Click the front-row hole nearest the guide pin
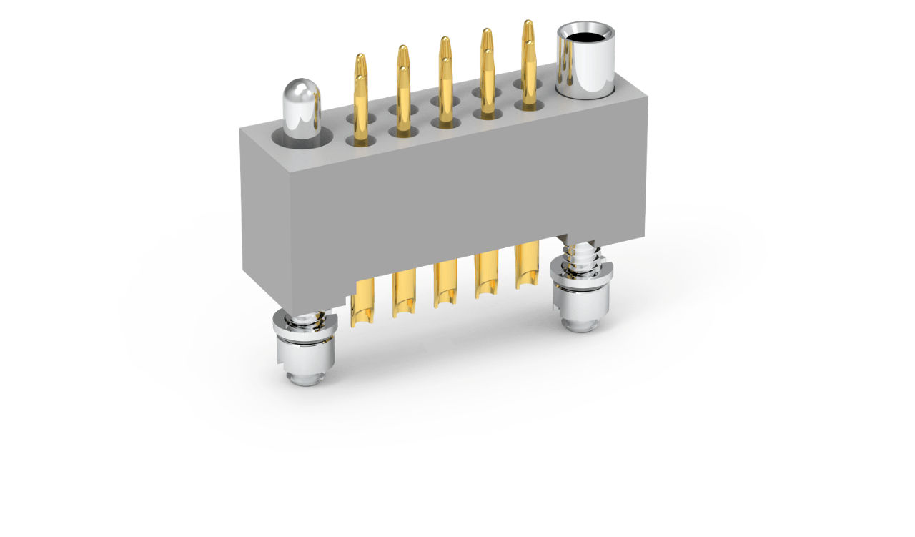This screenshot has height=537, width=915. tap(360, 142)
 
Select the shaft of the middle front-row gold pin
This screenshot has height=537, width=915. tap(445, 93)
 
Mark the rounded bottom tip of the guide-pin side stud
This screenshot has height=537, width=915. tap(306, 376)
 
